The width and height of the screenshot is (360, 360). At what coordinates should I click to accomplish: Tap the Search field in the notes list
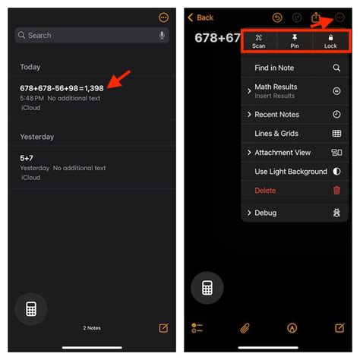pyautogui.click(x=84, y=35)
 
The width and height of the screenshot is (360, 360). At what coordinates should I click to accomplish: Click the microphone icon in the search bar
pyautogui.click(x=162, y=35)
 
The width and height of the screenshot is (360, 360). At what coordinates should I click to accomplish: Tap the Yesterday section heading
pyautogui.click(x=37, y=137)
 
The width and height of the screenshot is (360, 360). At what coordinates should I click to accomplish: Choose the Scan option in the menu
pyautogui.click(x=259, y=41)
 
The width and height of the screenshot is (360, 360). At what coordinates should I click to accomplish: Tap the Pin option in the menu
pyautogui.click(x=294, y=41)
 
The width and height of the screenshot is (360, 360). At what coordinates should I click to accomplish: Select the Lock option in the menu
pyautogui.click(x=330, y=41)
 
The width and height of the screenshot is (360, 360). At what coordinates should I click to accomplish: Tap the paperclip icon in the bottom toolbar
pyautogui.click(x=245, y=328)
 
